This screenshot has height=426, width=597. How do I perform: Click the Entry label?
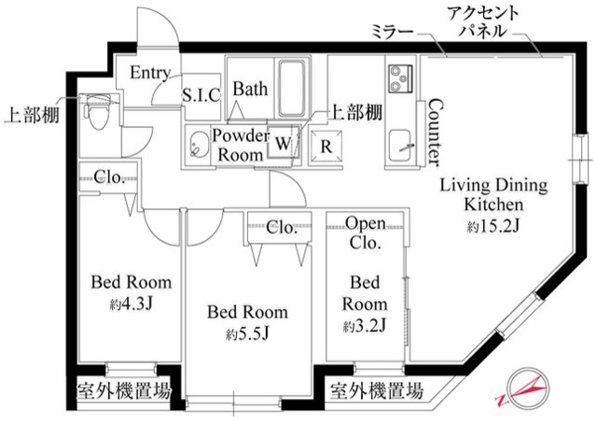click(x=150, y=73)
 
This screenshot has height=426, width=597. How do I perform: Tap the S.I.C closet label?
click(x=201, y=94)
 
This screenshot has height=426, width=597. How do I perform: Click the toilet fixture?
click(x=96, y=116)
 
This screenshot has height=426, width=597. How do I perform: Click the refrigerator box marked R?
click(x=326, y=145)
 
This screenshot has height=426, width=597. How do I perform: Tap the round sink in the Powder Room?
click(x=198, y=145)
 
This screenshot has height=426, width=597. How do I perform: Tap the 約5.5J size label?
click(x=246, y=334)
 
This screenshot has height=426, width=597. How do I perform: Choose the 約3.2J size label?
click(x=365, y=325)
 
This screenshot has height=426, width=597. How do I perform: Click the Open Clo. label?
click(x=366, y=233)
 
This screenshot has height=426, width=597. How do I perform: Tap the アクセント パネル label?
click(x=482, y=21)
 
